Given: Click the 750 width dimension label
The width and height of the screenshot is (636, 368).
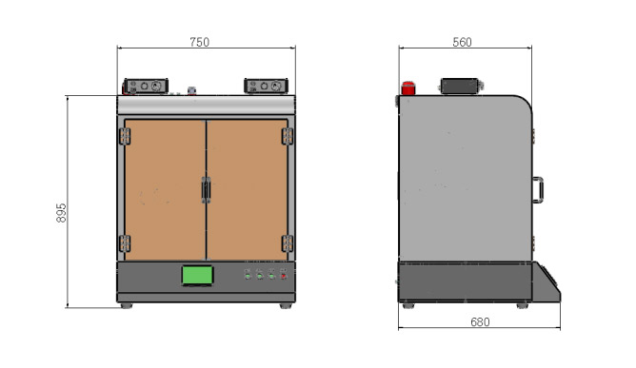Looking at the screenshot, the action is point(200,42).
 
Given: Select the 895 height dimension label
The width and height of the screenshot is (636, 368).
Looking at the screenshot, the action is point(61,213).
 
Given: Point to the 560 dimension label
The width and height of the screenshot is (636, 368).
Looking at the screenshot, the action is point(462,42).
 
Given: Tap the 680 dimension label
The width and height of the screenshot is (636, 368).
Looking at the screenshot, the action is point(480,321).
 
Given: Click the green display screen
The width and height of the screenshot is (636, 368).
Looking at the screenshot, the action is point(197,275).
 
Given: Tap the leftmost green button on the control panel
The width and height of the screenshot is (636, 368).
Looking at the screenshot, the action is point(248,276).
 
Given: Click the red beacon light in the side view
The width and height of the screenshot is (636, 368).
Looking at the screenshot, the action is point(408,87).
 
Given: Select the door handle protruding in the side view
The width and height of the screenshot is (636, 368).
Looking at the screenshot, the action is point(538,189).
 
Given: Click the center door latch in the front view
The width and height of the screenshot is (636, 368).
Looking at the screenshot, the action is point(206,189).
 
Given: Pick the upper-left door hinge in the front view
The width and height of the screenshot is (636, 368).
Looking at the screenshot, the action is point(125,136).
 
